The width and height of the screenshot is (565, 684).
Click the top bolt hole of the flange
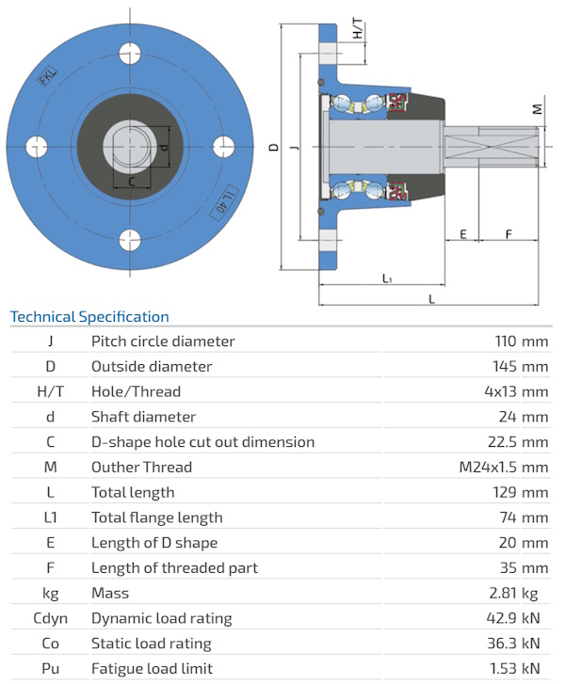point(130,54)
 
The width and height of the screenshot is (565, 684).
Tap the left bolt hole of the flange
point(38,146)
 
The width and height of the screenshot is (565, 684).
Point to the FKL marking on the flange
point(46,77)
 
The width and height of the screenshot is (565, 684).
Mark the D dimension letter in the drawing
point(273,147)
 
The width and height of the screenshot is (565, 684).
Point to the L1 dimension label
point(387,278)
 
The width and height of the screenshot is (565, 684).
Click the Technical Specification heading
point(89,317)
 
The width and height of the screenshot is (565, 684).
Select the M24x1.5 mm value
point(503,467)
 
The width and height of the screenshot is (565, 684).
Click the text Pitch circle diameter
point(163,341)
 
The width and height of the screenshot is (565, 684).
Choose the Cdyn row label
point(50,618)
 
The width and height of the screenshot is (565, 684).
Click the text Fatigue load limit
point(153,669)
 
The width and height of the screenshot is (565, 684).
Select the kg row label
point(50,593)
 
